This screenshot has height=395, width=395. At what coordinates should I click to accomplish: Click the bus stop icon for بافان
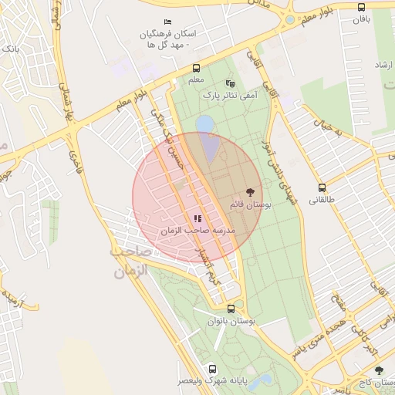pyautogui.click(x=362, y=7)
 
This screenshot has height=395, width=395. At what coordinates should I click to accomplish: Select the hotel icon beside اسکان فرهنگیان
pyautogui.click(x=169, y=22)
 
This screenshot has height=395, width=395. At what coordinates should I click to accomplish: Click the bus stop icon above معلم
pyautogui.click(x=196, y=68)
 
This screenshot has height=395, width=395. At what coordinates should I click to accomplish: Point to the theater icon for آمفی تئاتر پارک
pyautogui.click(x=229, y=83)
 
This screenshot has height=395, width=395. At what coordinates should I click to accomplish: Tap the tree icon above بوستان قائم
pyautogui.click(x=250, y=192)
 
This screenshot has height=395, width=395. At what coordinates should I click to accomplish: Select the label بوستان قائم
pyautogui.click(x=248, y=204)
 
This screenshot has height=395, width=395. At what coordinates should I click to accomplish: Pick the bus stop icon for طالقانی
pyautogui.click(x=322, y=188)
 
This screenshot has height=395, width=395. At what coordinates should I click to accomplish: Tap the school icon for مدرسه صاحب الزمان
pyautogui.click(x=197, y=219)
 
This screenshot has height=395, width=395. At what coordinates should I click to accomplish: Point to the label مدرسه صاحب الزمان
pyautogui.click(x=197, y=231)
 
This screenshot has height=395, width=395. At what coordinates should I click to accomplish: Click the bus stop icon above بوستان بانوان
pyautogui.click(x=232, y=308)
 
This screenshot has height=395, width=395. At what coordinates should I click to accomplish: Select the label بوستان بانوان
pyautogui.click(x=232, y=320)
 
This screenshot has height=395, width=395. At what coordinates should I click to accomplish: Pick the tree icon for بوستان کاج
pyautogui.click(x=379, y=371)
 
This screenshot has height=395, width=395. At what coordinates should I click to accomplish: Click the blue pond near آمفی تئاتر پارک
pyautogui.click(x=204, y=123)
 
